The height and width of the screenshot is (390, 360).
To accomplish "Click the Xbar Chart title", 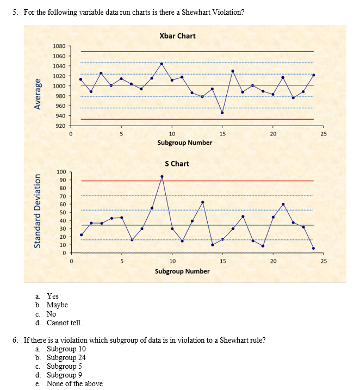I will click(x=177, y=36).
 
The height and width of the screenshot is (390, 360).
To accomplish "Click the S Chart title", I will click(x=177, y=163).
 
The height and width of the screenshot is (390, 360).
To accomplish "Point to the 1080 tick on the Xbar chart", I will click(x=59, y=46).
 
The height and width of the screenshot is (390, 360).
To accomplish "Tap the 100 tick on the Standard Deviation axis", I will click(x=61, y=172).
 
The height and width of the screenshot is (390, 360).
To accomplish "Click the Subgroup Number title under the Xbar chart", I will click(x=184, y=143).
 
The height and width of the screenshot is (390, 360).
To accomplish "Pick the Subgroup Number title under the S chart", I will click(x=182, y=270).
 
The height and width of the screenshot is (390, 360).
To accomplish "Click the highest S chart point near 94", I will click(x=162, y=176).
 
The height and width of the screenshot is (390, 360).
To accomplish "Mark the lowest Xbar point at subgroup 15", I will click(x=222, y=113).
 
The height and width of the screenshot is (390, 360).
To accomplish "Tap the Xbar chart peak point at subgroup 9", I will click(x=162, y=64).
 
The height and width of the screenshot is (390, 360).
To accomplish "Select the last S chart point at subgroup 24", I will click(x=314, y=248).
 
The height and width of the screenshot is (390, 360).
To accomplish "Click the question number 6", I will click(x=15, y=340).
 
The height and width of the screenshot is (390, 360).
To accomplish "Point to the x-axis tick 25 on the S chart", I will click(x=323, y=262).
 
